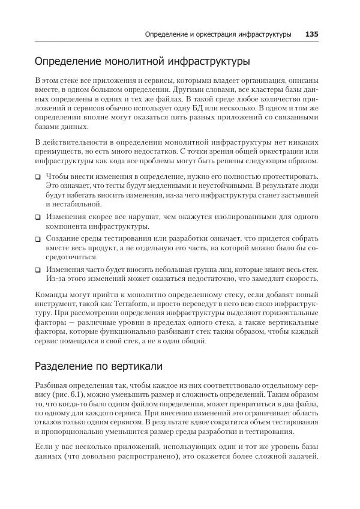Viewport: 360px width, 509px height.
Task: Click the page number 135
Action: pyautogui.click(x=311, y=35)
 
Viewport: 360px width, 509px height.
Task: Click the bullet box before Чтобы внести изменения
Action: pyautogui.click(x=37, y=178)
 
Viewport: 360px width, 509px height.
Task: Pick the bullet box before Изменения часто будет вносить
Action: pyautogui.click(x=37, y=270)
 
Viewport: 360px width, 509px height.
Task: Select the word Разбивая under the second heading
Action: pyautogui.click(x=53, y=387)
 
